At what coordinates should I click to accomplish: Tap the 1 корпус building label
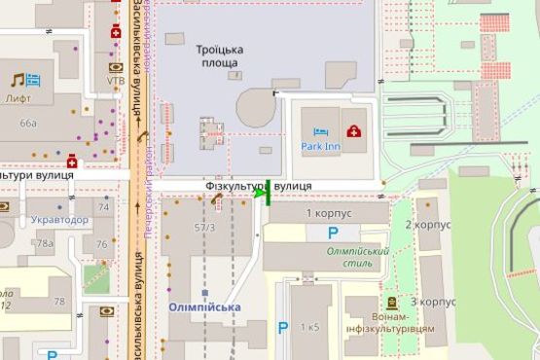point(328,212)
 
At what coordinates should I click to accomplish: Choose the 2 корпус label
point(427,225)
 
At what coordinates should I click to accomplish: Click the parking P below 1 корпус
point(333,233)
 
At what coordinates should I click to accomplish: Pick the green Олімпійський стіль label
point(357,257)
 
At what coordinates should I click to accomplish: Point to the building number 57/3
point(204,227)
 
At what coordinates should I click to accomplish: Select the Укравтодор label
point(58,220)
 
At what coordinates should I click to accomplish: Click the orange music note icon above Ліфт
point(17,80)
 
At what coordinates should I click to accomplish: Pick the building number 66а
point(28,124)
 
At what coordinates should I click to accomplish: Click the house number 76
point(101,243)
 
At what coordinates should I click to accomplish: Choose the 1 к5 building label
point(309,326)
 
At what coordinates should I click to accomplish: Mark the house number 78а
point(46,243)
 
